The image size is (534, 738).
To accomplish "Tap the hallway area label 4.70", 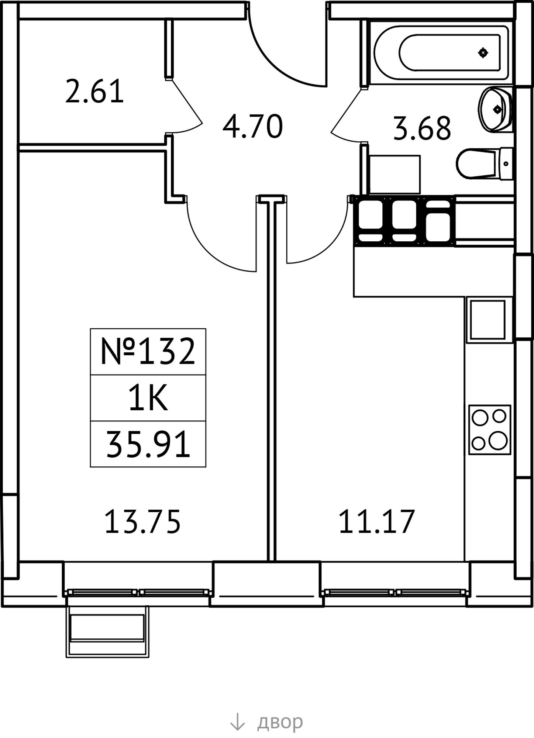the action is [x=253, y=127].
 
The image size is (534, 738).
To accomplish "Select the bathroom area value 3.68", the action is [x=422, y=128].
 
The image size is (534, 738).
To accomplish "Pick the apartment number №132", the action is [x=148, y=351].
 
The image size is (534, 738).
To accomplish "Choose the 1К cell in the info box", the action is [x=148, y=399].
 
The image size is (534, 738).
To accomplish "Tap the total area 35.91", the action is [x=148, y=445].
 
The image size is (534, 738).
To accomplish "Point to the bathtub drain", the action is [x=483, y=53].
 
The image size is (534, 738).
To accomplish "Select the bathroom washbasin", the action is [x=496, y=109].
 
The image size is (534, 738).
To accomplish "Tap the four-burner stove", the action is [x=490, y=430].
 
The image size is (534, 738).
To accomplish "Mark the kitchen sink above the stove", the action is [x=487, y=320].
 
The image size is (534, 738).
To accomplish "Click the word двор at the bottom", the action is [x=280, y=722].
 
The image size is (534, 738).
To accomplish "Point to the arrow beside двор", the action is [x=237, y=721].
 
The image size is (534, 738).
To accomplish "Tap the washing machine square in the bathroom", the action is [x=395, y=174].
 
